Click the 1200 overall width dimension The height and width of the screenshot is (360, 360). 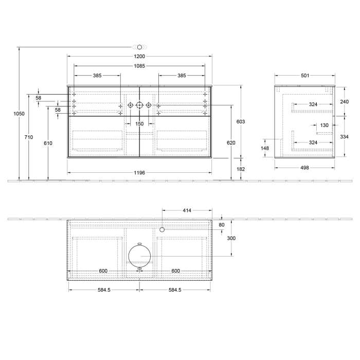pos(139,56)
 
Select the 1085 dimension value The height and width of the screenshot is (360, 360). pos(139,66)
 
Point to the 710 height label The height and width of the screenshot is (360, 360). pos(28,137)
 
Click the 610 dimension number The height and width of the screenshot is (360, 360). pos(48,143)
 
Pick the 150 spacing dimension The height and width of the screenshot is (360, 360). pos(139,124)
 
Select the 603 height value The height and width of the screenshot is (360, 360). pos(240,121)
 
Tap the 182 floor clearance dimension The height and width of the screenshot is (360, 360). pos(240,169)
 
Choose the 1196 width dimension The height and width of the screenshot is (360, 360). pos(139,173)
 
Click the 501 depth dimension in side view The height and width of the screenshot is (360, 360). pos(304,76)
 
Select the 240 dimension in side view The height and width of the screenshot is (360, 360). pos(344,102)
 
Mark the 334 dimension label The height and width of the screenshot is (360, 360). pos(344,137)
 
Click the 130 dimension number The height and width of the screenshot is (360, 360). pos(325,125)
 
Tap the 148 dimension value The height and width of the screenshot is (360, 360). pos(265,148)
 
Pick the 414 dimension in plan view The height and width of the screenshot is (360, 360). pos(187,210)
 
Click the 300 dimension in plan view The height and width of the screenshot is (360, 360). pos(231,239)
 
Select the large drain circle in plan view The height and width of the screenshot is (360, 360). pos(139,256)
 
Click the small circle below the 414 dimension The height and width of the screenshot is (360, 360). pos(162,230)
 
